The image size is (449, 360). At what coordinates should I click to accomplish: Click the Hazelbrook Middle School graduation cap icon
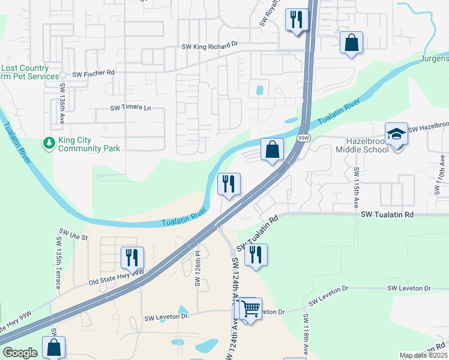tap(396, 133)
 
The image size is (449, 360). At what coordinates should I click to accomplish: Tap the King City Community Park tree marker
tap(49, 143)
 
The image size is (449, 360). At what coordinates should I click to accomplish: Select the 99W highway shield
tap(303, 139)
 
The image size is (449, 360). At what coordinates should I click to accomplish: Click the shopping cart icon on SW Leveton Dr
tap(251, 309)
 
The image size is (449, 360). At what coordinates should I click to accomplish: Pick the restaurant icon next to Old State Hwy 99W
tap(132, 257)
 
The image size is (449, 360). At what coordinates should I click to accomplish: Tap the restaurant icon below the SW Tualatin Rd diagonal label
tap(256, 254)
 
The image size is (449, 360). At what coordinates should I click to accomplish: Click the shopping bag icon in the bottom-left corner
tap(54, 347)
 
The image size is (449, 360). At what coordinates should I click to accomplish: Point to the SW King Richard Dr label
tap(210, 45)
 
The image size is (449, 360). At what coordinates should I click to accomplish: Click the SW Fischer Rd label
tap(93, 73)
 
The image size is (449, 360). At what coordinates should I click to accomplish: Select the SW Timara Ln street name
tap(130, 108)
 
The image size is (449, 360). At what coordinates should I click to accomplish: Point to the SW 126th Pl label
tap(197, 268)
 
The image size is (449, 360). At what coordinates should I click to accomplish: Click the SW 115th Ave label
tap(357, 184)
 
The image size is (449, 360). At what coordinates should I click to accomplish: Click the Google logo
tap(20, 353)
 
